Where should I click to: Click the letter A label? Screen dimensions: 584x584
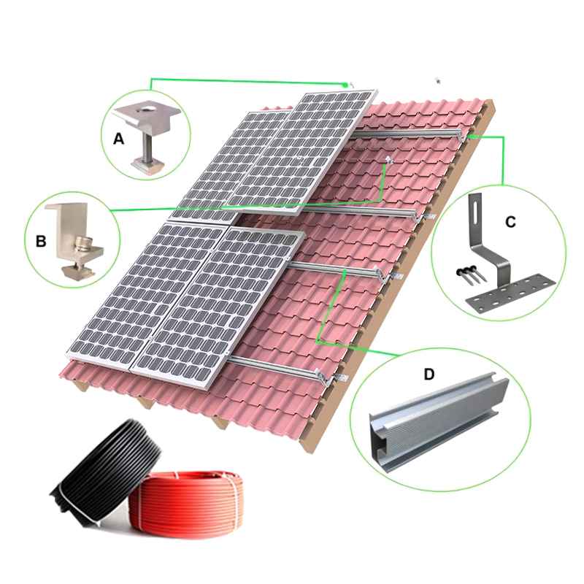click(x=118, y=139)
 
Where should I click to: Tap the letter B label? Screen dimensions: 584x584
click(x=41, y=242)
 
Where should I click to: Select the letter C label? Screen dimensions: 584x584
click(x=510, y=222)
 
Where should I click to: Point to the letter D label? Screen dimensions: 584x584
click(x=429, y=374)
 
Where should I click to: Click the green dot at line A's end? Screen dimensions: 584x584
click(x=345, y=85)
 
